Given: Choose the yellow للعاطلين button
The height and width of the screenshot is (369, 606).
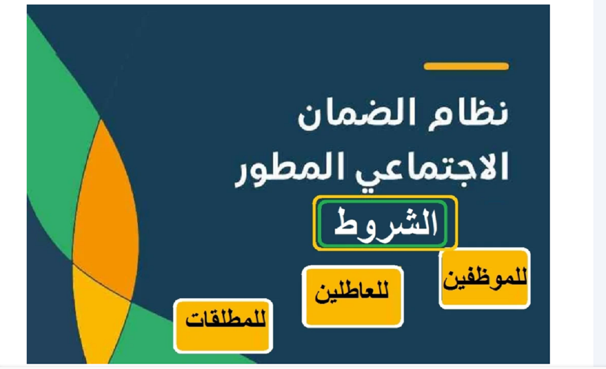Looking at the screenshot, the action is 353,297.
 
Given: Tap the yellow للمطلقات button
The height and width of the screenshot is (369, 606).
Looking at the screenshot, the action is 223,326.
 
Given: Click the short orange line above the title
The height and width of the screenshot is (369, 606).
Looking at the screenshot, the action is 466,66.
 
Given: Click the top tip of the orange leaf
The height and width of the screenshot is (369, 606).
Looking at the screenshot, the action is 101,119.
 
